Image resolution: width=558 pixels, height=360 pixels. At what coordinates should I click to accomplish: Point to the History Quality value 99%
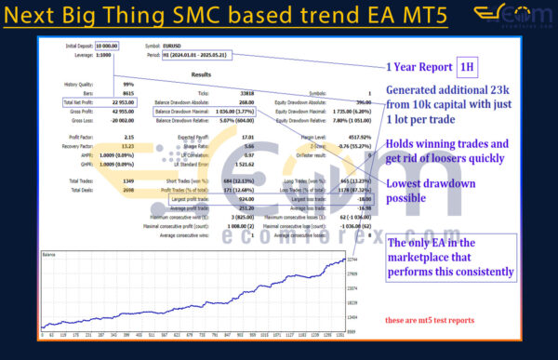[103, 84]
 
